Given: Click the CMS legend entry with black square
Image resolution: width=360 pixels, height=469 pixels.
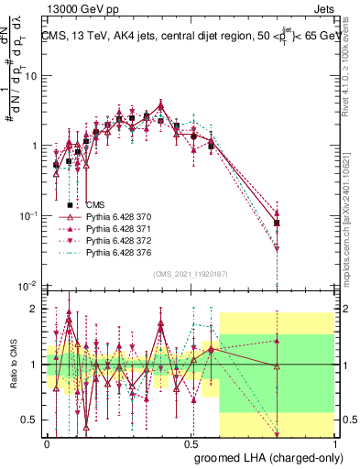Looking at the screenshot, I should coord(95,205).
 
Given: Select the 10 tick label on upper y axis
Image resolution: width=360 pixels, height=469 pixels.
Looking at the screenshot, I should coord(31,76).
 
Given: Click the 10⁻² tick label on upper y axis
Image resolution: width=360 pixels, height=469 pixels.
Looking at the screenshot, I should coord(29,285).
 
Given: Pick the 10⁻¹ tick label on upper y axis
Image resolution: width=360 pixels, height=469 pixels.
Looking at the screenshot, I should coord(29,215).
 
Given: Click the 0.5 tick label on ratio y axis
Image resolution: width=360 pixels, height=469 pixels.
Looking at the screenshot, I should coord(32,420).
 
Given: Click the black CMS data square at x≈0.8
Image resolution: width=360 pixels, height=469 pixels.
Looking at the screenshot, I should coord(277,223).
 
